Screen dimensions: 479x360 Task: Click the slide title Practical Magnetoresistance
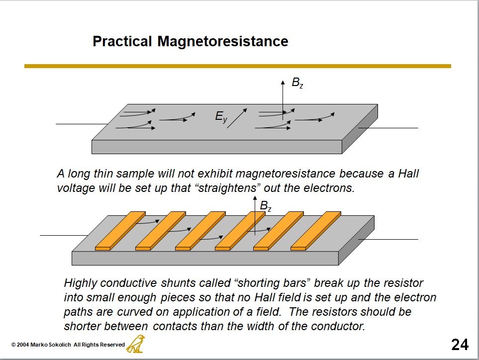[x=191, y=41]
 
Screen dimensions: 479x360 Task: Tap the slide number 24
[x=460, y=344]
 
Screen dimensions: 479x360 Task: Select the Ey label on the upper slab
[x=221, y=117]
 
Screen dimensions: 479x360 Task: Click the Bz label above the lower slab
[x=266, y=206]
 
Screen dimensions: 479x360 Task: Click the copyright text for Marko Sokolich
[x=68, y=345]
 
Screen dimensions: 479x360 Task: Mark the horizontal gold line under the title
[x=238, y=66]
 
